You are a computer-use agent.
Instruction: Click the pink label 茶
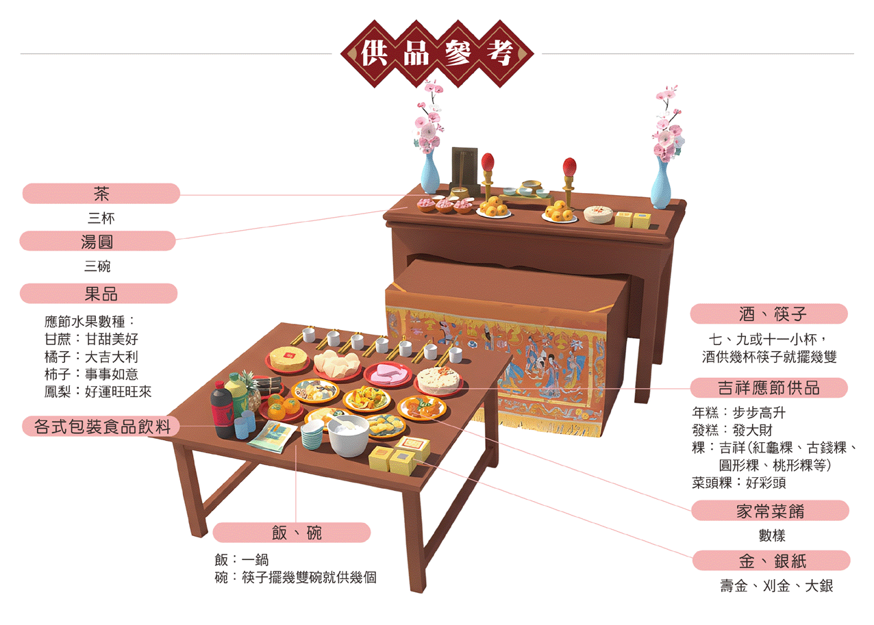(x=101, y=194)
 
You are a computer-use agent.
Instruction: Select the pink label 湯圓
(x=97, y=241)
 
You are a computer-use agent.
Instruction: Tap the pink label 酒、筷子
(x=769, y=314)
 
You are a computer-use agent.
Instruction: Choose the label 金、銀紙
(x=771, y=561)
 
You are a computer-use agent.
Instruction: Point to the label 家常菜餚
(x=770, y=511)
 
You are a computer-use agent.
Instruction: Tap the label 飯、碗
(x=292, y=533)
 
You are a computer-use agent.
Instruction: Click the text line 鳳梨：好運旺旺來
(x=98, y=392)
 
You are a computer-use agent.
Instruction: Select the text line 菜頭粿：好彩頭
(x=739, y=483)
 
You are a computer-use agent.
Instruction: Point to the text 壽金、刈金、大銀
(x=776, y=587)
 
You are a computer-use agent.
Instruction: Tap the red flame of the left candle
(x=488, y=162)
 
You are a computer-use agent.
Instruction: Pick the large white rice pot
(x=349, y=435)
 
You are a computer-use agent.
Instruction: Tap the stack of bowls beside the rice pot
(x=312, y=435)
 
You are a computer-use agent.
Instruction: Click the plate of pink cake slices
(x=388, y=374)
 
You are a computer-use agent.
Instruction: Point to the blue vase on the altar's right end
(x=660, y=181)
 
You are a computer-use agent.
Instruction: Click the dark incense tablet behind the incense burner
(x=464, y=164)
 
